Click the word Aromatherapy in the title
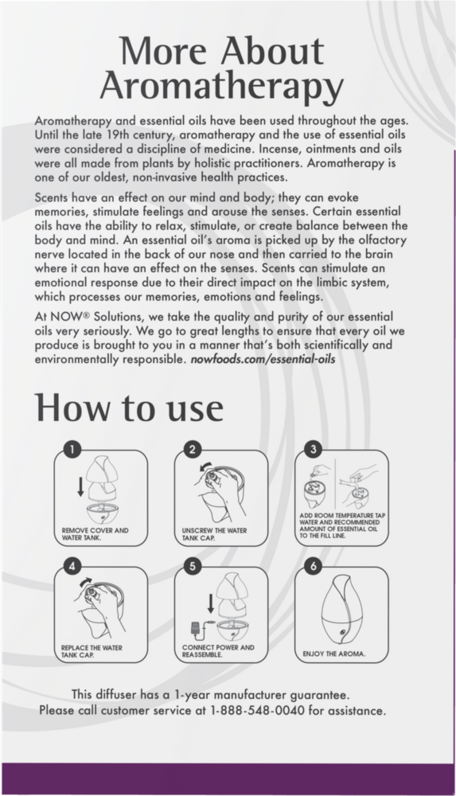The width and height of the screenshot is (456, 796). pos(222,88)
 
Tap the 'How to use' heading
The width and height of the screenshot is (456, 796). pos(129,407)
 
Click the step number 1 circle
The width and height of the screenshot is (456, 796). pos(73,449)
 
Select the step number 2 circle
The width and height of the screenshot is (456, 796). pos(193,449)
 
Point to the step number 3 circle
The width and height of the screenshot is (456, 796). pos(314,449)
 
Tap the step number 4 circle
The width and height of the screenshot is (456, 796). pos(73,566)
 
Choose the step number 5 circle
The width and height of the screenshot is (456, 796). pos(193,566)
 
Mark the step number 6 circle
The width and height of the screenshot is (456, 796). pos(314,566)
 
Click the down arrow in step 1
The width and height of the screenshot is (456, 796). pos(80,486)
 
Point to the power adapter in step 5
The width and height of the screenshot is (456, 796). pos(195,629)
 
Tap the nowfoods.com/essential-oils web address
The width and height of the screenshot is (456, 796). pos(263,360)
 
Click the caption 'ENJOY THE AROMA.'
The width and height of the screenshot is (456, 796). pos(333,654)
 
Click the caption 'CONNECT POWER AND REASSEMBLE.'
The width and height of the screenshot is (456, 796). pos(218,651)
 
